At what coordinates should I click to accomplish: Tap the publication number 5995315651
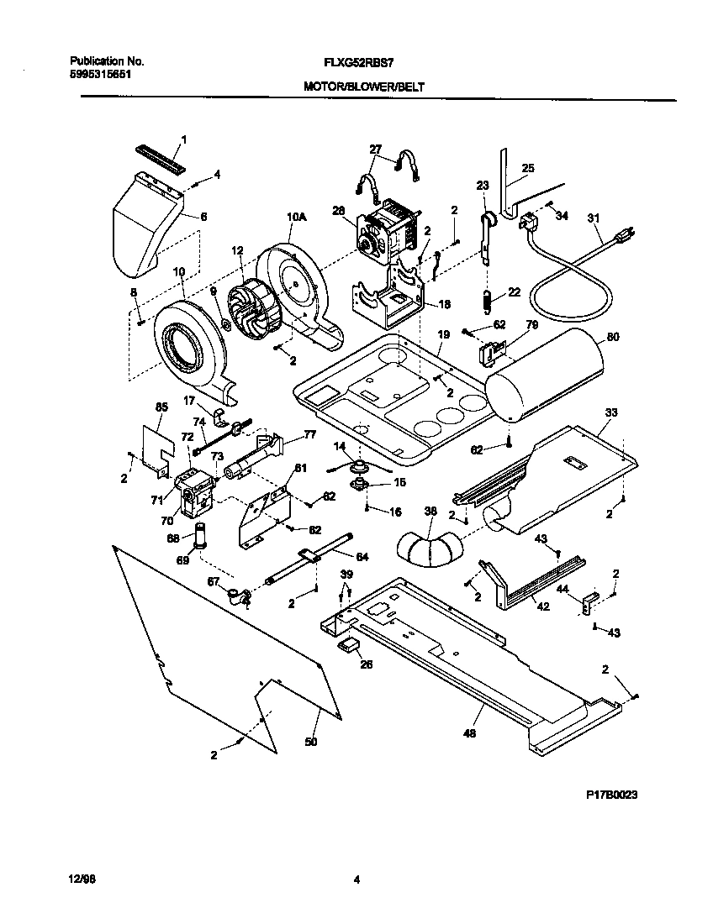[x=100, y=74]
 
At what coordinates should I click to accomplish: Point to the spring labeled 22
[x=486, y=298]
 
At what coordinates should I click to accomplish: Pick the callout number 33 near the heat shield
[x=611, y=412]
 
